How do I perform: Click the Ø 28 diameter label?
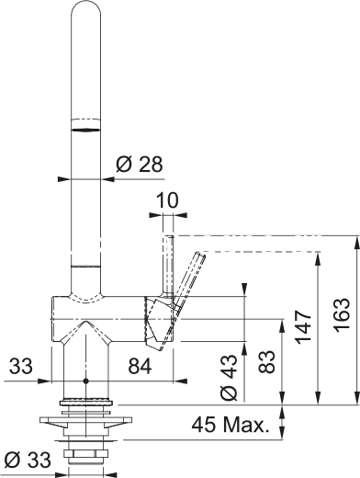point(140,165)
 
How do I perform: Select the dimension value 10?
point(167,200)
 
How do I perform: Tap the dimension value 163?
point(342,313)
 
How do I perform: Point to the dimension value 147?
point(302,326)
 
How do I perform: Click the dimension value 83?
point(266,361)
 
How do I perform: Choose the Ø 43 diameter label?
point(229,378)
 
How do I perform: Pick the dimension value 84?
point(140,366)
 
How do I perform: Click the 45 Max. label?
point(231,425)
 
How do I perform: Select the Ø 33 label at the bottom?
point(28,460)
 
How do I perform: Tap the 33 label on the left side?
point(20,366)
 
